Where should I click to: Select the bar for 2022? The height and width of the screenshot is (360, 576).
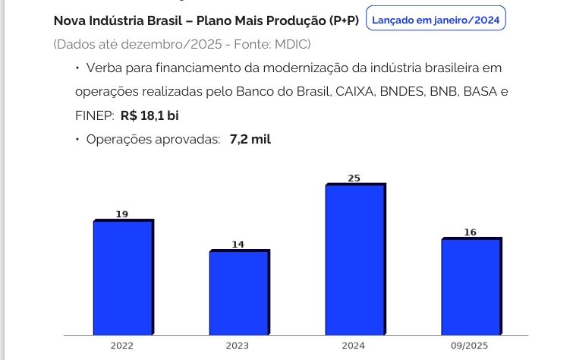tap(123, 277)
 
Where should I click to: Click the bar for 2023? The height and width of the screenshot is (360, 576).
tap(239, 292)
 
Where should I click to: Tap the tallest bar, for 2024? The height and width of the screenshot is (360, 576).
tap(354, 259)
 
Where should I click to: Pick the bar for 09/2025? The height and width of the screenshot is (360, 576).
tap(471, 286)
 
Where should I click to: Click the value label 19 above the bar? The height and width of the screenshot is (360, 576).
tap(122, 215)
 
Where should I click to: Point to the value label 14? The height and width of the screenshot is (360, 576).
tap(238, 245)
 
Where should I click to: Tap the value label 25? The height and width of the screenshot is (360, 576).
tap(354, 178)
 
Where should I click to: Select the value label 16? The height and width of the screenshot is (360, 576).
tap(470, 232)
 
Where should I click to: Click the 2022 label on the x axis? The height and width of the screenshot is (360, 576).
tap(121, 346)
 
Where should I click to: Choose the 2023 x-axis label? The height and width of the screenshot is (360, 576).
tap(237, 346)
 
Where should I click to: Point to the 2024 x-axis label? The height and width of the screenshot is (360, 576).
tap(353, 346)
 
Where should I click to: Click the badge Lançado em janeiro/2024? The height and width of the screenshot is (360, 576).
tap(436, 19)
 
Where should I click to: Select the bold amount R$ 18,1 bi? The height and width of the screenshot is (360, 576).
tap(150, 115)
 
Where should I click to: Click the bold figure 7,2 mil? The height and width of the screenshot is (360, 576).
tap(250, 139)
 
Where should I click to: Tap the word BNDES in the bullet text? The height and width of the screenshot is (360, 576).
tap(399, 92)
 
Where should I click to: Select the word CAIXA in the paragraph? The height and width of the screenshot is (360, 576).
tap(355, 92)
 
